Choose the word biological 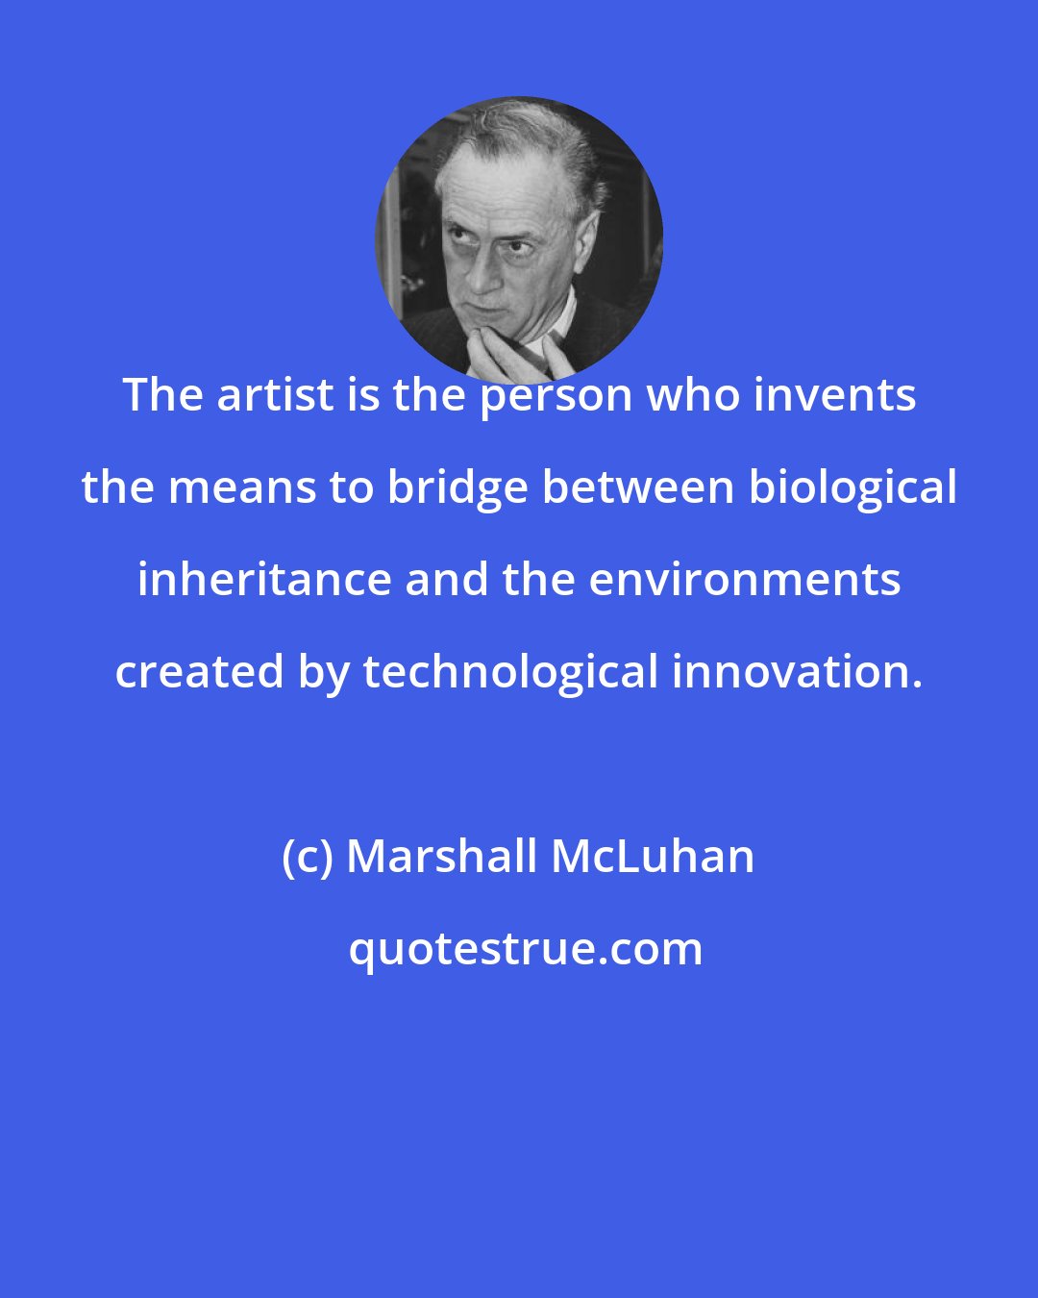(x=853, y=487)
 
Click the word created (x=200, y=672)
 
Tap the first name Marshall (x=443, y=857)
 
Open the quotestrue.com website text (x=525, y=949)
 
